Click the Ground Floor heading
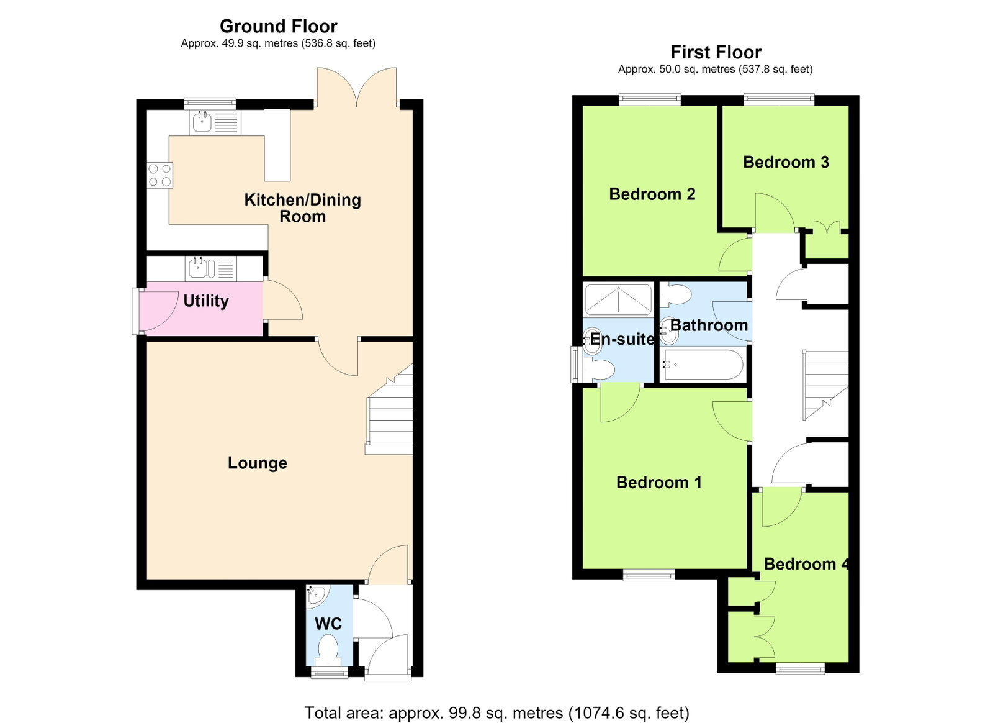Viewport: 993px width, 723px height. [279, 27]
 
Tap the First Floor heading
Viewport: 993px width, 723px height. [716, 52]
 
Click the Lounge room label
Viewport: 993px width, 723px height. [257, 463]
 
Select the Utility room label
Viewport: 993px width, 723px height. [206, 301]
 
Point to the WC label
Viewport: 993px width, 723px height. [328, 624]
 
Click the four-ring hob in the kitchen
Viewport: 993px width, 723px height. [160, 176]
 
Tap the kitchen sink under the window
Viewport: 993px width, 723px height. [215, 122]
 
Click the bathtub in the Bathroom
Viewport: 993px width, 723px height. [703, 365]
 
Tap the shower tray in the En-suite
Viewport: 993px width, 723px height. [618, 300]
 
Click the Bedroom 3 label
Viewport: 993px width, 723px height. [786, 162]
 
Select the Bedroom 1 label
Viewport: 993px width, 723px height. [658, 483]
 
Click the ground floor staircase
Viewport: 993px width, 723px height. [389, 410]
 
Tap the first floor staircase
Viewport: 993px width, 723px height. [825, 385]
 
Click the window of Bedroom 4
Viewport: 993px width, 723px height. [800, 668]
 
